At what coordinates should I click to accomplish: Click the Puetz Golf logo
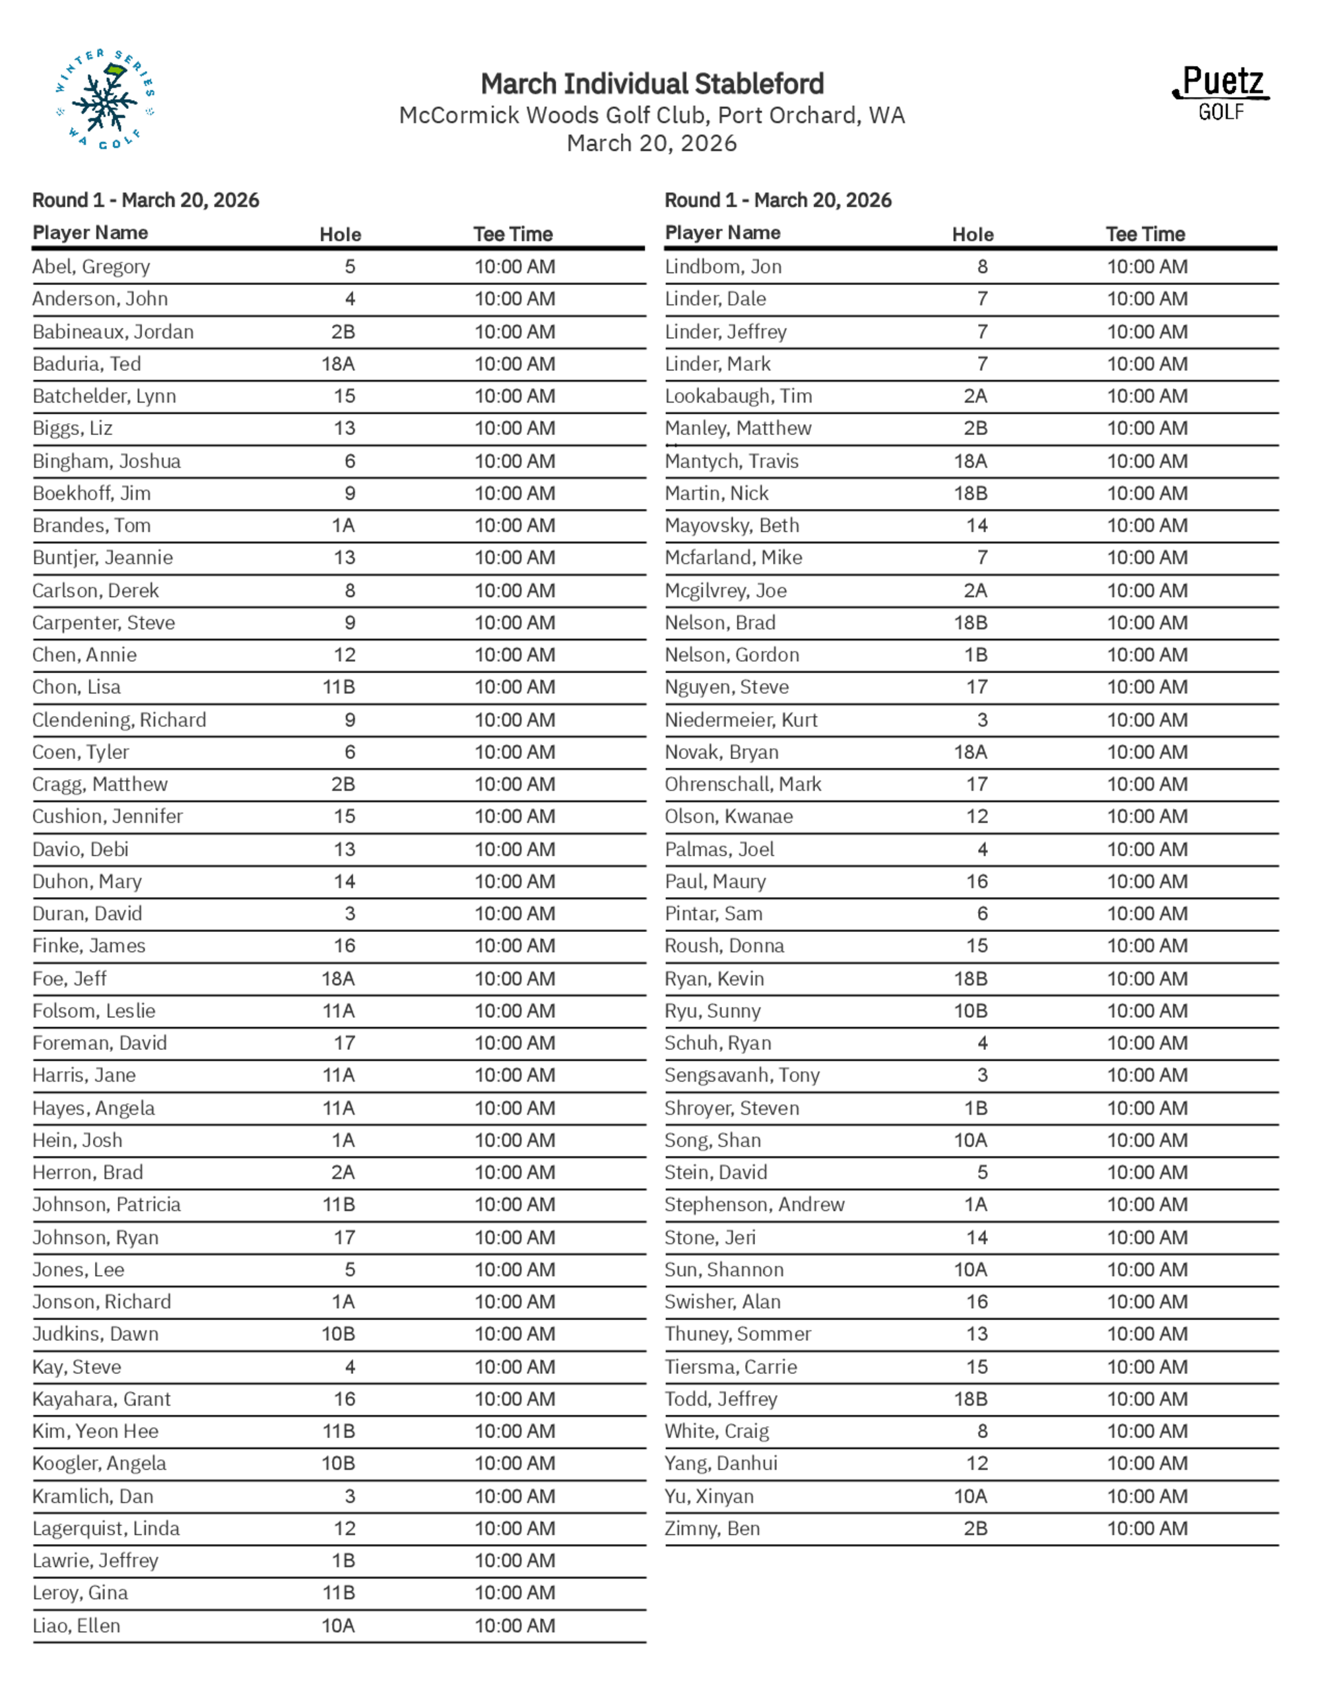(x=1221, y=93)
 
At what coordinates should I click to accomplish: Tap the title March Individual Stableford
(x=652, y=84)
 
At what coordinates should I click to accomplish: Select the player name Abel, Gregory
(x=90, y=267)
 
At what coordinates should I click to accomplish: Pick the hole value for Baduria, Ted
(x=339, y=364)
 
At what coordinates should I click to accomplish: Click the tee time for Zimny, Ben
(x=1147, y=1528)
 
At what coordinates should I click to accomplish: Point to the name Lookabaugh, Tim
(x=738, y=396)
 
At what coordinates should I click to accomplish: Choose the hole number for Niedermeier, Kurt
(x=982, y=719)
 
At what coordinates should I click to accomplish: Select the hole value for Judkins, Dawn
(x=339, y=1333)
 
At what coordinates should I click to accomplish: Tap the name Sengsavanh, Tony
(x=742, y=1075)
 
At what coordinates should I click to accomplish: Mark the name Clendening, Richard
(x=119, y=719)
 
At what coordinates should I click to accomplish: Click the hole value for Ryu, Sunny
(x=970, y=1010)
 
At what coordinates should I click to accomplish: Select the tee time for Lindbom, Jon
(x=1147, y=267)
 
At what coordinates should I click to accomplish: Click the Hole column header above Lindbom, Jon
(x=973, y=234)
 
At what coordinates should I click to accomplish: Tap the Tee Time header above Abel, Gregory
(x=513, y=234)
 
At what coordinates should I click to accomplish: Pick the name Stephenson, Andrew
(x=754, y=1204)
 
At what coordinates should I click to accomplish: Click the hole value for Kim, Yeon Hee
(x=339, y=1431)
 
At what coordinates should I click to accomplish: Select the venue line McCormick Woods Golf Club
(x=652, y=115)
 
